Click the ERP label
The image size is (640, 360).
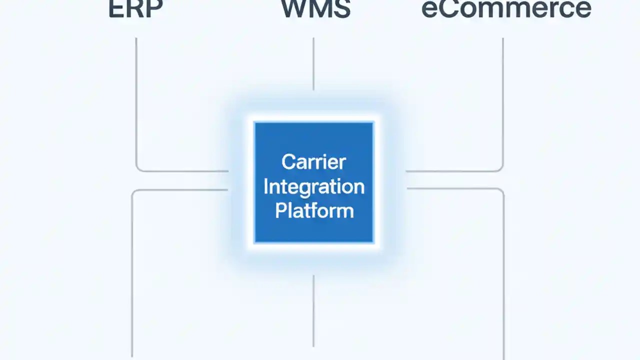pos(135,9)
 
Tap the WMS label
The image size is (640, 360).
pos(315,9)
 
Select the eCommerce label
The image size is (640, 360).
pos(506,9)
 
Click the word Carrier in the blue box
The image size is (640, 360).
pos(313,162)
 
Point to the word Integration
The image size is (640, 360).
pos(313,186)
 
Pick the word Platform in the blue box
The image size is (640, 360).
pos(314,210)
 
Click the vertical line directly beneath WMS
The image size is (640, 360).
pos(313,64)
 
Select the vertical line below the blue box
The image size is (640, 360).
pos(313,310)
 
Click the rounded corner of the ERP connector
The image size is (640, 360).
pos(138,168)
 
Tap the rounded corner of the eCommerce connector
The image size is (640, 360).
pos(500,168)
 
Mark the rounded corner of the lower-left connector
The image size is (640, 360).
pos(134,192)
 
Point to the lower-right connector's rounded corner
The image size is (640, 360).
pos(501,191)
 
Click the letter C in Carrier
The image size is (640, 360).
pos(287,162)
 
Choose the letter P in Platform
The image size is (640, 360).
pos(280,210)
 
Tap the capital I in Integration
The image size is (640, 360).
pos(266,186)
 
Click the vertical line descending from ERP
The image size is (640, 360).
pos(136,100)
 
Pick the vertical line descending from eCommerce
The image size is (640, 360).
pos(502,100)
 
